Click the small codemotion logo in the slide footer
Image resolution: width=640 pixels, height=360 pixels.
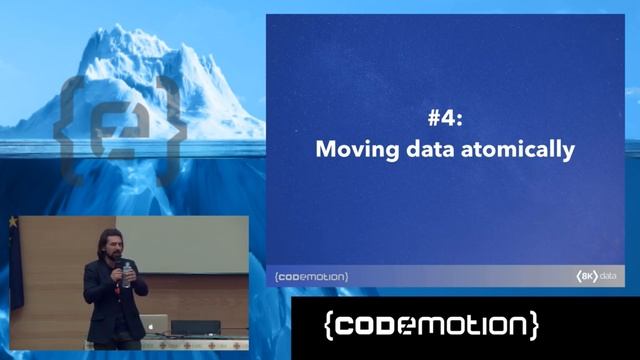(311, 276)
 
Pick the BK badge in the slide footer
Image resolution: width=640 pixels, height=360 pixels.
(585, 276)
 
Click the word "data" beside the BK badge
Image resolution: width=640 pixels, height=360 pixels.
(610, 276)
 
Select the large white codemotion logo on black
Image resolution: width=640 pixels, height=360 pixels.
(431, 326)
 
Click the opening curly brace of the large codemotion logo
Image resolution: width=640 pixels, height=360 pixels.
(331, 326)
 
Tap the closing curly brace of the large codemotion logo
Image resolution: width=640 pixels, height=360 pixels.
(532, 326)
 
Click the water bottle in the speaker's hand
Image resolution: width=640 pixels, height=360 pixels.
(126, 275)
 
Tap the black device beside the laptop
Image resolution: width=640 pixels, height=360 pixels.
(195, 327)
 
